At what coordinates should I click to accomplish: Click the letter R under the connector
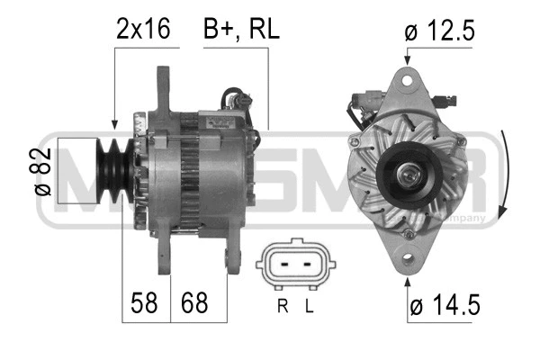tap(282, 306)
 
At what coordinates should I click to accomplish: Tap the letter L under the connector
tap(309, 306)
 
